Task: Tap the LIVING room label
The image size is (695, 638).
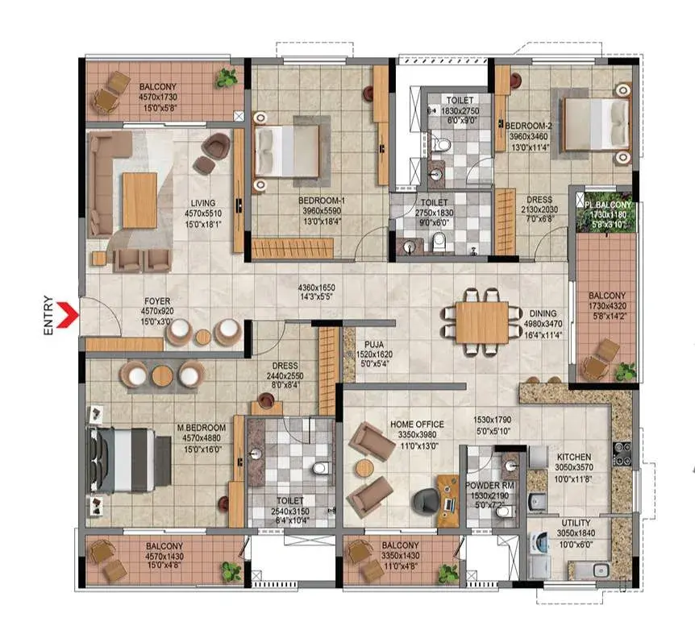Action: pos(203,203)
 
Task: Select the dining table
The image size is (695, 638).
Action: pos(482,322)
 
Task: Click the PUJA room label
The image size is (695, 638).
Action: pos(374,345)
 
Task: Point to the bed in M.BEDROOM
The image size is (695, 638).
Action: pos(128,460)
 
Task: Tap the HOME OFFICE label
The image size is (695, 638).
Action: pos(417,425)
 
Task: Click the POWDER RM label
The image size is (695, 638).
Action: pos(489,486)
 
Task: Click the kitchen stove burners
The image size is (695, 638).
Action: pos(622,454)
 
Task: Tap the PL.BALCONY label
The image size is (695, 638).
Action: pos(607,205)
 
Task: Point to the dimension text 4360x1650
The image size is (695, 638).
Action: pos(317,288)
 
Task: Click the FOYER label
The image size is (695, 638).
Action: pos(157,301)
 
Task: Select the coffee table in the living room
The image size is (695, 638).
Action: pos(139,200)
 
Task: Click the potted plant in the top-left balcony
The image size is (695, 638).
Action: pos(227,77)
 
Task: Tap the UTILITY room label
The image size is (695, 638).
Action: pos(576,523)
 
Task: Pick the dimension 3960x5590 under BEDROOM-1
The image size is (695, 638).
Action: pos(322,211)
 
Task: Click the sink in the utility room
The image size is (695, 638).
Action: pos(600,570)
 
